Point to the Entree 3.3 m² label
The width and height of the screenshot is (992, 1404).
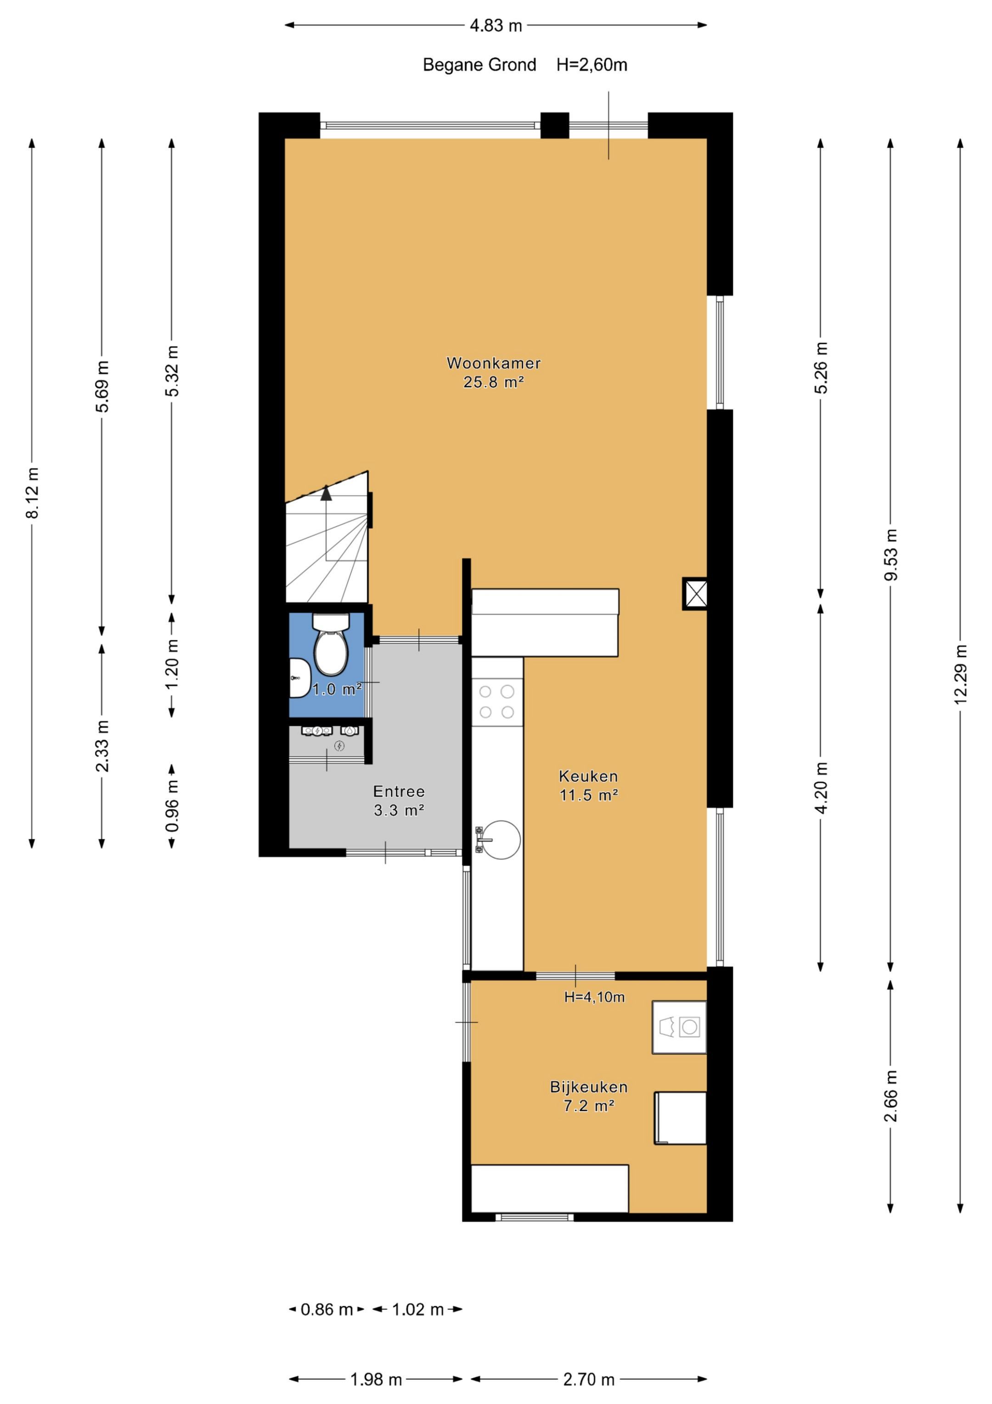click(x=399, y=801)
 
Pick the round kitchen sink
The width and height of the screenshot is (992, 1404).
click(x=501, y=840)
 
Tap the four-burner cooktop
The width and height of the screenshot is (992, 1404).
click(x=497, y=701)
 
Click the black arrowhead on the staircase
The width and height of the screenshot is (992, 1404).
click(x=327, y=492)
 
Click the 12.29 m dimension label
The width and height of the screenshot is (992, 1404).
click(x=960, y=675)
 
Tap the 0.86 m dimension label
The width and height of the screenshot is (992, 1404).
click(x=327, y=1309)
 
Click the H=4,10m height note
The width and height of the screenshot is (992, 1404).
click(x=594, y=997)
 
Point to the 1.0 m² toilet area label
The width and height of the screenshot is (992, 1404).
click(x=338, y=689)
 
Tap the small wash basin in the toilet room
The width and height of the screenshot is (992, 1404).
click(x=299, y=677)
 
